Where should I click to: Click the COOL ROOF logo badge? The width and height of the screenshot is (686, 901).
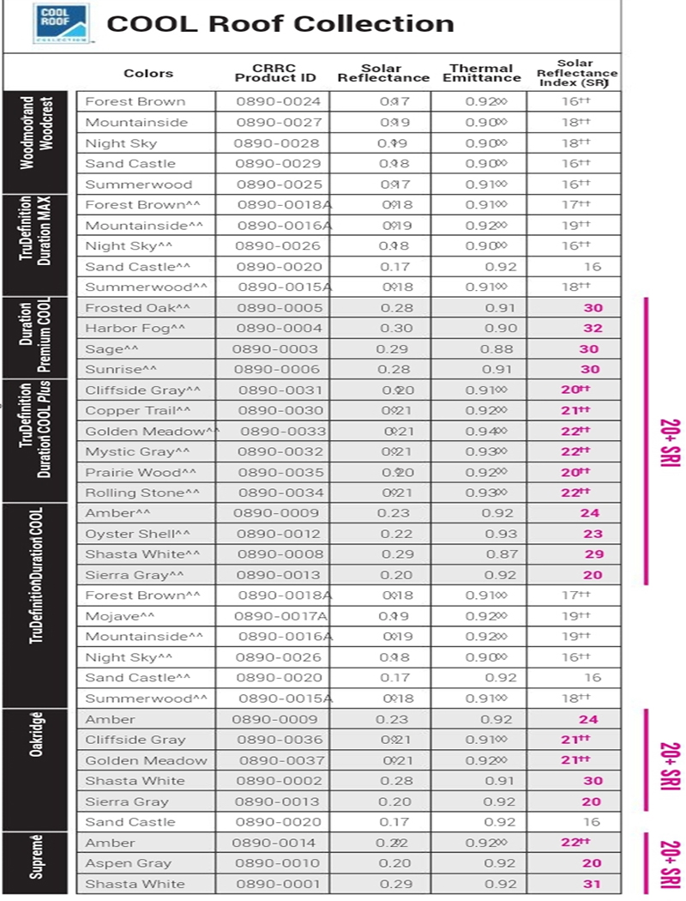(x=61, y=24)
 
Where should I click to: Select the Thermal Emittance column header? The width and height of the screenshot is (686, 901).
(x=481, y=73)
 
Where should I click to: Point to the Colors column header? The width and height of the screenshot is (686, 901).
(x=148, y=74)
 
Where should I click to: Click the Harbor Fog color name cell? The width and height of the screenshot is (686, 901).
(x=135, y=329)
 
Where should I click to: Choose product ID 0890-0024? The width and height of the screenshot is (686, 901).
(x=279, y=101)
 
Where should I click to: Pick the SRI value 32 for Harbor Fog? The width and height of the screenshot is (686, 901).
(x=592, y=329)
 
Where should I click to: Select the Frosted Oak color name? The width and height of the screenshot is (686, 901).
(x=138, y=308)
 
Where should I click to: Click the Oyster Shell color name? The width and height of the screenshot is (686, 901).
(x=137, y=534)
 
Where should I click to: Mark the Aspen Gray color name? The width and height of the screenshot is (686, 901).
(x=128, y=863)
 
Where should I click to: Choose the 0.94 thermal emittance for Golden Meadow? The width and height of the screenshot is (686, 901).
(x=485, y=432)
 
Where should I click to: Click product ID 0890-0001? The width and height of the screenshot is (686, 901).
(x=279, y=884)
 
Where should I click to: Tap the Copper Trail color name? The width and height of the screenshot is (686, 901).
(x=138, y=411)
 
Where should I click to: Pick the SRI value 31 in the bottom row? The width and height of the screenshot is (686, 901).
(x=592, y=884)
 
